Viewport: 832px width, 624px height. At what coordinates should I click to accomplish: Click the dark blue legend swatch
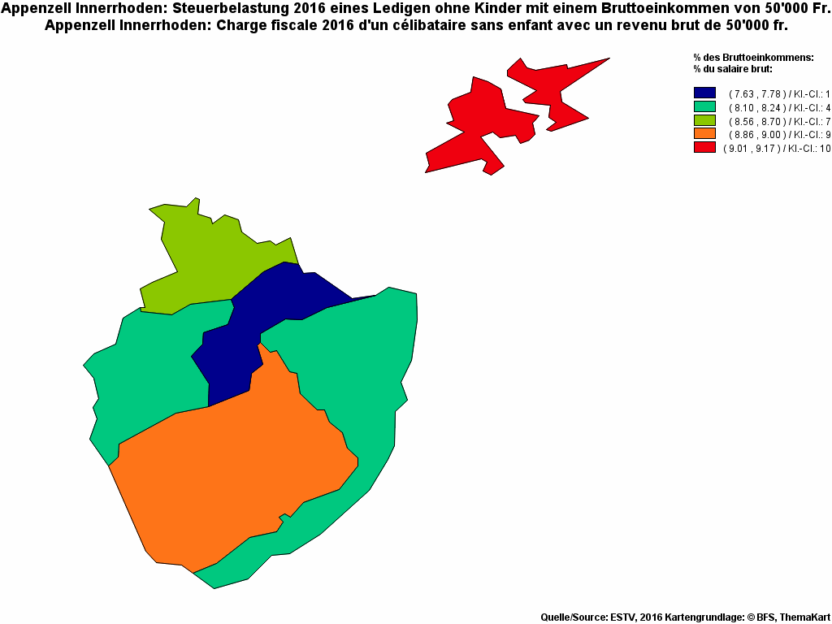704,94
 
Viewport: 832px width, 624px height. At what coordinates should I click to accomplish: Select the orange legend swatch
704,134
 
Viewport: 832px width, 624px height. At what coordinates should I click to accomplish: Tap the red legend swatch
704,148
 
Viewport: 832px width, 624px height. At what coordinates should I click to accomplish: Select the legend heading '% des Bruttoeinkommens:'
753,58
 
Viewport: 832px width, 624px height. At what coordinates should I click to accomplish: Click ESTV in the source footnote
623,617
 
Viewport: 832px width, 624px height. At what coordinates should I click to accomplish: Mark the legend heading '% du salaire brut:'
732,68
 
